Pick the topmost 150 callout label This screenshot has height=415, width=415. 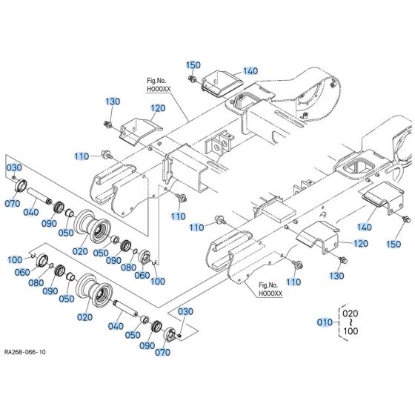click(x=193, y=66)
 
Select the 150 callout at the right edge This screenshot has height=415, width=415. click(x=394, y=244)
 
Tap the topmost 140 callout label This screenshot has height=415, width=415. click(x=250, y=71)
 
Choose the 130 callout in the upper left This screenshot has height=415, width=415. click(x=112, y=102)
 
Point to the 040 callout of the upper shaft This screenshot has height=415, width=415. click(x=30, y=213)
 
